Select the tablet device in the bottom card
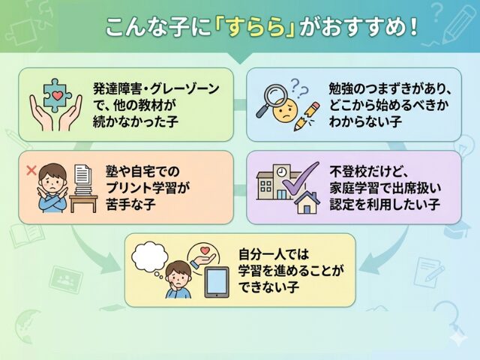217,282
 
